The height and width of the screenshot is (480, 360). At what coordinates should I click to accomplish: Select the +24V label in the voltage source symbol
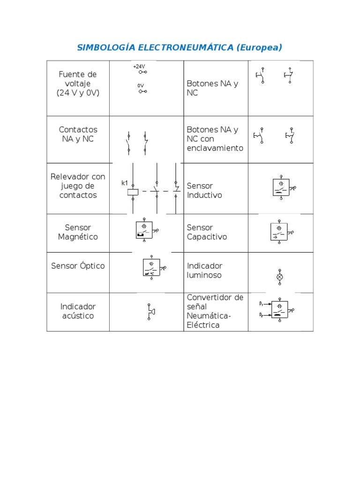[139, 67]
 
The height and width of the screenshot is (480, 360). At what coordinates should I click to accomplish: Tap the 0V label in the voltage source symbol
[141, 86]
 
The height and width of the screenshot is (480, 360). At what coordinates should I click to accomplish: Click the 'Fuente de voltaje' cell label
[78, 83]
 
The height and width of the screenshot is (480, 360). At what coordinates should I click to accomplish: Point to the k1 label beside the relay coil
[125, 183]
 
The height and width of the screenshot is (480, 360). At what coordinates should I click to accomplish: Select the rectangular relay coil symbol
[133, 191]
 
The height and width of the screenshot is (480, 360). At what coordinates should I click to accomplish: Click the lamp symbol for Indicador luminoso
[280, 277]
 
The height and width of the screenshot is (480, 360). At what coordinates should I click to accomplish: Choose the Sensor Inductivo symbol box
[281, 187]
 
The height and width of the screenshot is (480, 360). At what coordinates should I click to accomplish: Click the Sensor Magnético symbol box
[144, 229]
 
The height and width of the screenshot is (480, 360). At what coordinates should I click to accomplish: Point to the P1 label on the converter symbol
[261, 304]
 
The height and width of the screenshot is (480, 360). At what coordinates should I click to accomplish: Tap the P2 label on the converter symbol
[261, 315]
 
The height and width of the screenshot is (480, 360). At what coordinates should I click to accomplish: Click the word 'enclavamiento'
[215, 148]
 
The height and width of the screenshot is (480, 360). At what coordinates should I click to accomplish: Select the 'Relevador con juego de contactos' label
[78, 186]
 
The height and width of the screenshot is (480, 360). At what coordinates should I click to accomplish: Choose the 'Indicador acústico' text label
[78, 311]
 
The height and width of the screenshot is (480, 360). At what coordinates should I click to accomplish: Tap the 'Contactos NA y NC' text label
[78, 134]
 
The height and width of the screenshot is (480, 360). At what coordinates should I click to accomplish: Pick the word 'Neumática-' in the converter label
[209, 316]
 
